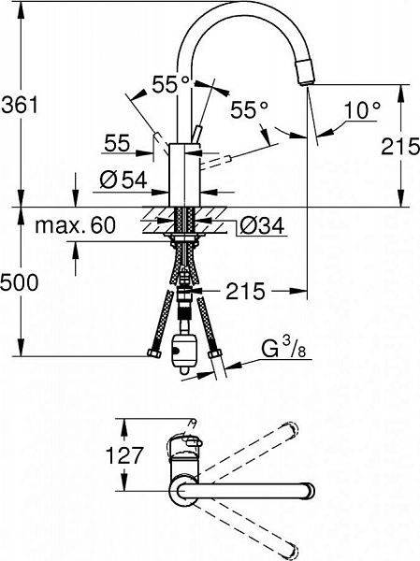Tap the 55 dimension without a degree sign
pos(117,143)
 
